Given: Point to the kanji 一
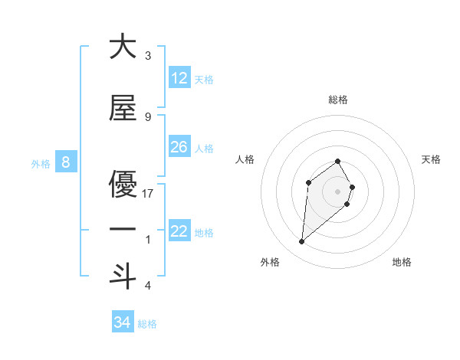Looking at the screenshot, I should [x=123, y=230].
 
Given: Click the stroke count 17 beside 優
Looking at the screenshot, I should [x=148, y=194].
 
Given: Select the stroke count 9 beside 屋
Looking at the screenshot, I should [x=148, y=117].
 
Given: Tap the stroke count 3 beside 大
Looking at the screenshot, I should [x=148, y=56].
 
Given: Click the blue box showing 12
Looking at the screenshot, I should [x=179, y=78].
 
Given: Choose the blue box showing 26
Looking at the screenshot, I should [x=179, y=147].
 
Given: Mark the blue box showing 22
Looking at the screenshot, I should [x=179, y=231].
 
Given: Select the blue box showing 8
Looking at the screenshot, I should [x=66, y=162].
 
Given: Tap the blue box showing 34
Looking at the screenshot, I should [x=123, y=322].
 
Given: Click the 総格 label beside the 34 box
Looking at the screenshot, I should [x=147, y=324].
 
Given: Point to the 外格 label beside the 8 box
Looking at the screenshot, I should [x=41, y=163].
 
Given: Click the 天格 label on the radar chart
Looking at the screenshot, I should [x=431, y=159].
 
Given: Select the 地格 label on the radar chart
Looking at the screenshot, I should [x=402, y=262].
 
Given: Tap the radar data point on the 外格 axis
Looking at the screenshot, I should [x=302, y=242].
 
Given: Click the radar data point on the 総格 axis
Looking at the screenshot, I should [x=338, y=161].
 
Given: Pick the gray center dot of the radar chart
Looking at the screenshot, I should [x=338, y=191].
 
